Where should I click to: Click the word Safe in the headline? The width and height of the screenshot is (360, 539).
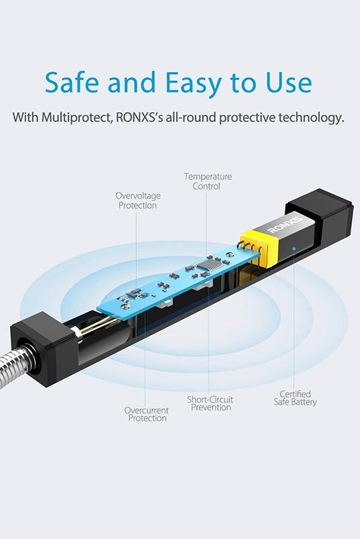click(x=72, y=82)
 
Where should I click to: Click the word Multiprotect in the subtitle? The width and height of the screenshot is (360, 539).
click(x=78, y=117)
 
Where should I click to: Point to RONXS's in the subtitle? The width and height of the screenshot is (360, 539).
click(x=140, y=117)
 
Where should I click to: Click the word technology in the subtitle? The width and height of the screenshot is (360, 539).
click(x=311, y=117)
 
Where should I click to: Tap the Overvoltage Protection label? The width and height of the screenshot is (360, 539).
click(x=138, y=200)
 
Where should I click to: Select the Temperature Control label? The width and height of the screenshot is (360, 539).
click(x=208, y=181)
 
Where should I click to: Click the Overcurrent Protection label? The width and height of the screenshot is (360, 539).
click(x=147, y=414)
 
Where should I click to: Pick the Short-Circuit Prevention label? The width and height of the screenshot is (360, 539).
click(x=210, y=404)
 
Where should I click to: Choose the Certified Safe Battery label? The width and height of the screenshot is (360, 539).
click(x=295, y=398)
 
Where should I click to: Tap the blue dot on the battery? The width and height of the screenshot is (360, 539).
click(x=294, y=248)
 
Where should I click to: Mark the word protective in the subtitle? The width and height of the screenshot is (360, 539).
click(x=247, y=117)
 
